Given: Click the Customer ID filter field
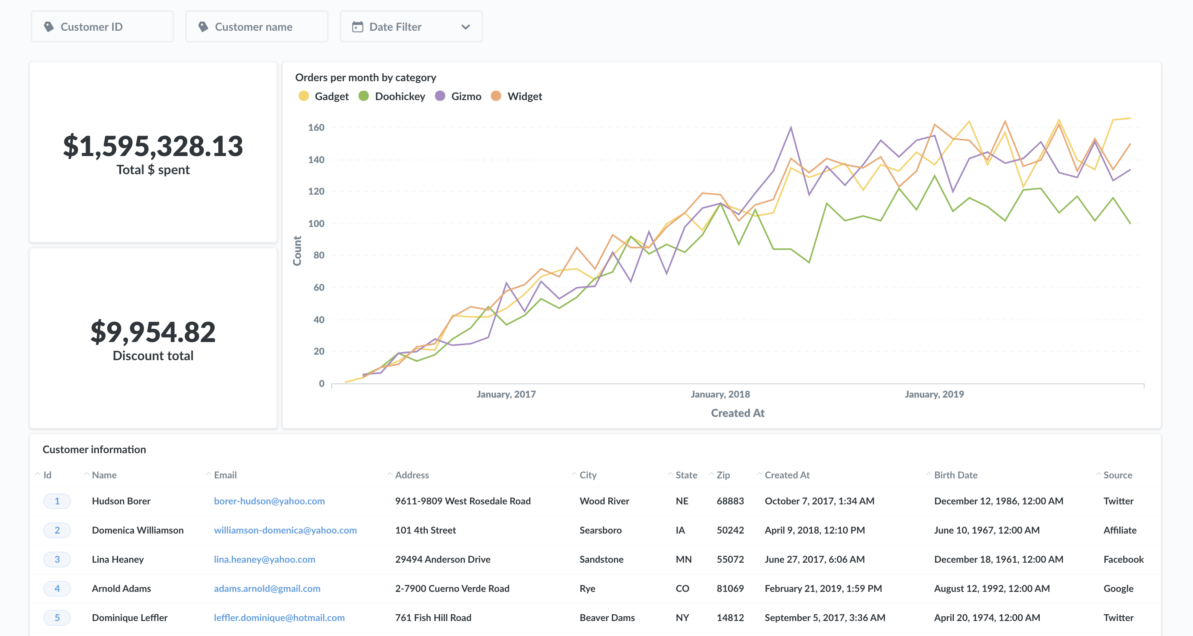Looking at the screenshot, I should tap(102, 27).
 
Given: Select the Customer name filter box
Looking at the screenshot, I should tap(256, 27).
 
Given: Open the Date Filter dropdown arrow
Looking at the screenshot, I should tap(465, 27).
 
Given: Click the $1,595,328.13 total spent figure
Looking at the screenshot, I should tap(153, 146).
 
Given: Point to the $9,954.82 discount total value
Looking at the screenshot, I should tap(153, 332).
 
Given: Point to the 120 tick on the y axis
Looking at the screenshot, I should tap(316, 191).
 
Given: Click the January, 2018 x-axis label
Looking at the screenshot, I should tap(720, 394).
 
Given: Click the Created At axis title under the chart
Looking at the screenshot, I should tap(737, 413).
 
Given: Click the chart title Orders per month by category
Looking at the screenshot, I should tap(365, 77).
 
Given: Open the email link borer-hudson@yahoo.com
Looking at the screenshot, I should tap(269, 501).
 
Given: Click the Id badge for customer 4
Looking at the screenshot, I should tap(57, 588).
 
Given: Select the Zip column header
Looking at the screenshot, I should tap(723, 475).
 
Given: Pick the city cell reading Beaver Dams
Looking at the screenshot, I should tap(607, 617).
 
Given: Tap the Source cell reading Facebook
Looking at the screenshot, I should tap(1123, 559).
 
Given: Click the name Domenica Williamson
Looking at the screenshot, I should tap(138, 530).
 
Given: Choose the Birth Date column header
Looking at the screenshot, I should tap(955, 475).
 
